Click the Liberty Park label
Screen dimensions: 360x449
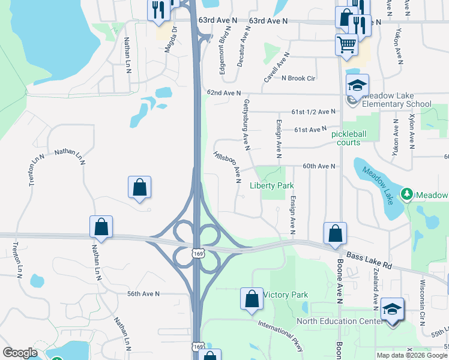point(272,186)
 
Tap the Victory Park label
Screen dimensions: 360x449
point(286,295)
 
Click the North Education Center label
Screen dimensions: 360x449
point(340,321)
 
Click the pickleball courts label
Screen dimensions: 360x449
point(354,138)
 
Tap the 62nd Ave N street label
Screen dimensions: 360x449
point(223,94)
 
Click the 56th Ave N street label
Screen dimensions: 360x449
point(143,293)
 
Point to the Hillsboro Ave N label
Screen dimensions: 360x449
point(228,166)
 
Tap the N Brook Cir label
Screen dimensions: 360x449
point(298,78)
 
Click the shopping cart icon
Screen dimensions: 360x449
point(347,43)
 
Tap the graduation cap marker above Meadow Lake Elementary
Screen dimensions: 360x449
point(357,85)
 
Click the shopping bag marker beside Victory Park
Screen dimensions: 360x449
point(252,298)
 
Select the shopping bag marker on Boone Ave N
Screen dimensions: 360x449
point(335,233)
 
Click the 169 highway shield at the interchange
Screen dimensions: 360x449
point(197,254)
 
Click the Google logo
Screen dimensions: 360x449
point(20,353)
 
